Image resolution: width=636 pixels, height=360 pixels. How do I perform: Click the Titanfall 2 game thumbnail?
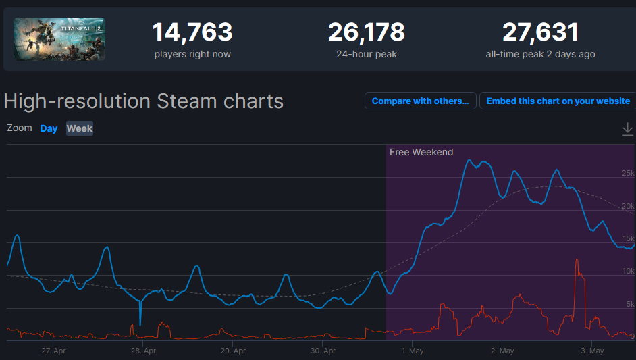pyautogui.click(x=59, y=39)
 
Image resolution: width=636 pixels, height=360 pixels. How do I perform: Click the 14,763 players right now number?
pyautogui.click(x=192, y=32)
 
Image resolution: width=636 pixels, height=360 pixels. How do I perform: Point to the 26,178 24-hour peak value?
pyautogui.click(x=367, y=32)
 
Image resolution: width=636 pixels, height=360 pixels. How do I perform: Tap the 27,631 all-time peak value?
pyautogui.click(x=540, y=32)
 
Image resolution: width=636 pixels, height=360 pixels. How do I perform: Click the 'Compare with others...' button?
pyautogui.click(x=420, y=101)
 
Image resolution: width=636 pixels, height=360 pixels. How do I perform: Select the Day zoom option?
pyautogui.click(x=49, y=128)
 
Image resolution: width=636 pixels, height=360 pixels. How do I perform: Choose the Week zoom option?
pyautogui.click(x=80, y=128)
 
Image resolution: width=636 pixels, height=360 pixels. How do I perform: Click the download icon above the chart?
pyautogui.click(x=627, y=128)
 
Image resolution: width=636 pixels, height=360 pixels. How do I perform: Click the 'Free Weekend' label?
pyautogui.click(x=421, y=152)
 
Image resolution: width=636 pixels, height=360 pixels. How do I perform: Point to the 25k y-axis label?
pyautogui.click(x=627, y=174)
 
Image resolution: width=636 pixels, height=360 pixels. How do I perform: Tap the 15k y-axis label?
pyautogui.click(x=627, y=238)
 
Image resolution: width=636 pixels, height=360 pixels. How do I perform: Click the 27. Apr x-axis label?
pyautogui.click(x=53, y=351)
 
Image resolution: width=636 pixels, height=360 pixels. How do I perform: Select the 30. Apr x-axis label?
pyautogui.click(x=323, y=351)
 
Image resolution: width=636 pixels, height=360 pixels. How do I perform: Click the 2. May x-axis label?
pyautogui.click(x=502, y=351)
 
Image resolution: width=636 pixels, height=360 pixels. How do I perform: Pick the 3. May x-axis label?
pyautogui.click(x=592, y=351)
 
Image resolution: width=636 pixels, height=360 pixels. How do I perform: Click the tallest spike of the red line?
pyautogui.click(x=577, y=260)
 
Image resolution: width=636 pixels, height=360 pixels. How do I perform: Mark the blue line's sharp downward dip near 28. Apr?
pyautogui.click(x=140, y=323)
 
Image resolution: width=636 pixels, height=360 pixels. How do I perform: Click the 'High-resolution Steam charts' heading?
pyautogui.click(x=143, y=101)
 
